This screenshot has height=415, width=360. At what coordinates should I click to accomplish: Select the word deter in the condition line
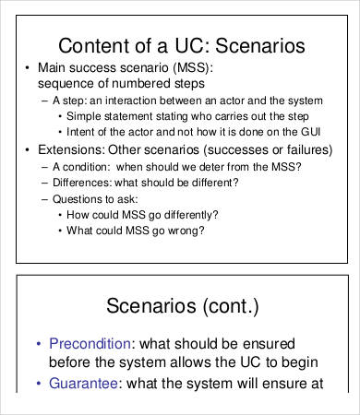pyautogui.click(x=203, y=166)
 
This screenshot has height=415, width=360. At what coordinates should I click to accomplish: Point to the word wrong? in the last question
pyautogui.click(x=183, y=230)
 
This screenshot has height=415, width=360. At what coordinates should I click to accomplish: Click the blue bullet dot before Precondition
pyautogui.click(x=38, y=343)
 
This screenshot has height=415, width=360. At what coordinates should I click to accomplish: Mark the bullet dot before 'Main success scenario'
pyautogui.click(x=28, y=68)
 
